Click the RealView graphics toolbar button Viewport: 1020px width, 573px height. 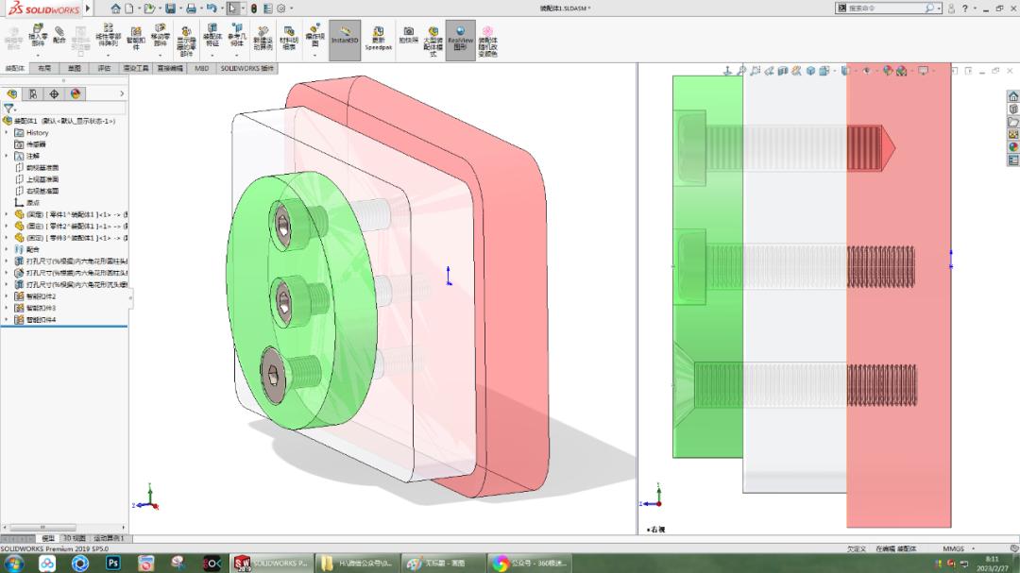point(460,40)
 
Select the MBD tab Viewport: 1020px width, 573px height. point(202,69)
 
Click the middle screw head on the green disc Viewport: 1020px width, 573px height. point(284,301)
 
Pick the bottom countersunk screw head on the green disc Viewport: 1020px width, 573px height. point(273,378)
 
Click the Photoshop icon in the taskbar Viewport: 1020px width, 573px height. point(113,564)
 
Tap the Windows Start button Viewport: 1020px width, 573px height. point(15,564)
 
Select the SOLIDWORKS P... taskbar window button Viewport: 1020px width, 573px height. point(272,564)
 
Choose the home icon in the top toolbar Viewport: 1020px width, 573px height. point(115,8)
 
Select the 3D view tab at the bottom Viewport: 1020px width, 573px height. point(74,538)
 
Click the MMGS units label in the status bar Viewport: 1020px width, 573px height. point(953,548)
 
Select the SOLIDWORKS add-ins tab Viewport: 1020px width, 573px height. point(246,69)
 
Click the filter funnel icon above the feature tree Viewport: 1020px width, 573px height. point(8,109)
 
